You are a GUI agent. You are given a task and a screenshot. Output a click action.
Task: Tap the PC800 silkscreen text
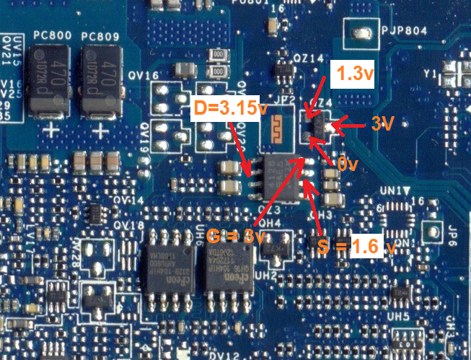coord(50,35)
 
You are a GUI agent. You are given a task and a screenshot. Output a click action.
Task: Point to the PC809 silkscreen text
coord(100,35)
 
